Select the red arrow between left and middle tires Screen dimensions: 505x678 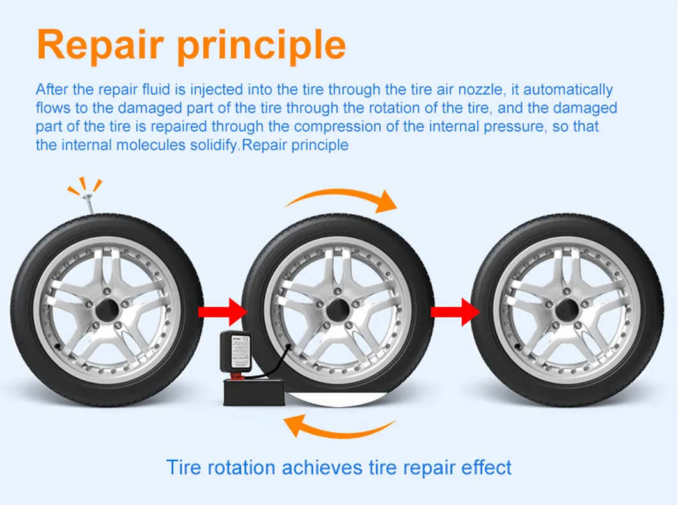(x=223, y=312)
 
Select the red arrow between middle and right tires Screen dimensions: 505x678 (x=453, y=312)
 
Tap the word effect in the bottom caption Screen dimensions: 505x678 (x=489, y=467)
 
